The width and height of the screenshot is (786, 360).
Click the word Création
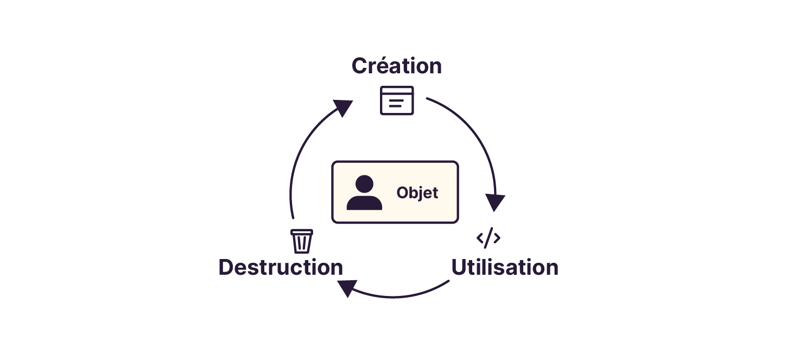(x=396, y=66)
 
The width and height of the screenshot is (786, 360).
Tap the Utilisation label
(x=505, y=268)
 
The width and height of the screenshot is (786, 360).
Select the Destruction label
(x=281, y=268)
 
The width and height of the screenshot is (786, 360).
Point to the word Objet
(x=417, y=193)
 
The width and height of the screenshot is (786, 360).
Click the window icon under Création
(x=397, y=100)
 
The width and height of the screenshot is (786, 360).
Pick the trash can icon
(x=302, y=242)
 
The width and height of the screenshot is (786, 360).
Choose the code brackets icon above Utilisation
(x=489, y=238)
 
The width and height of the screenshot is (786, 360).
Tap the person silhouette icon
(x=364, y=193)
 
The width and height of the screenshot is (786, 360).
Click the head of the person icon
(x=364, y=185)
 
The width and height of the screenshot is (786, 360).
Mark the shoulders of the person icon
(x=364, y=203)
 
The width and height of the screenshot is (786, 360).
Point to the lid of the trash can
(x=302, y=231)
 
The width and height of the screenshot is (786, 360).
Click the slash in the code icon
(x=489, y=238)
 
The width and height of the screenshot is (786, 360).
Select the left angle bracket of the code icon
(x=480, y=238)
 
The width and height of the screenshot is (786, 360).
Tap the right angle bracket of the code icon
(x=497, y=238)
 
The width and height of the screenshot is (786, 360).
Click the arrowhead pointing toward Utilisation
(x=495, y=203)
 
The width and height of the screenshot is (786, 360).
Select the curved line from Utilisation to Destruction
(x=402, y=296)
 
